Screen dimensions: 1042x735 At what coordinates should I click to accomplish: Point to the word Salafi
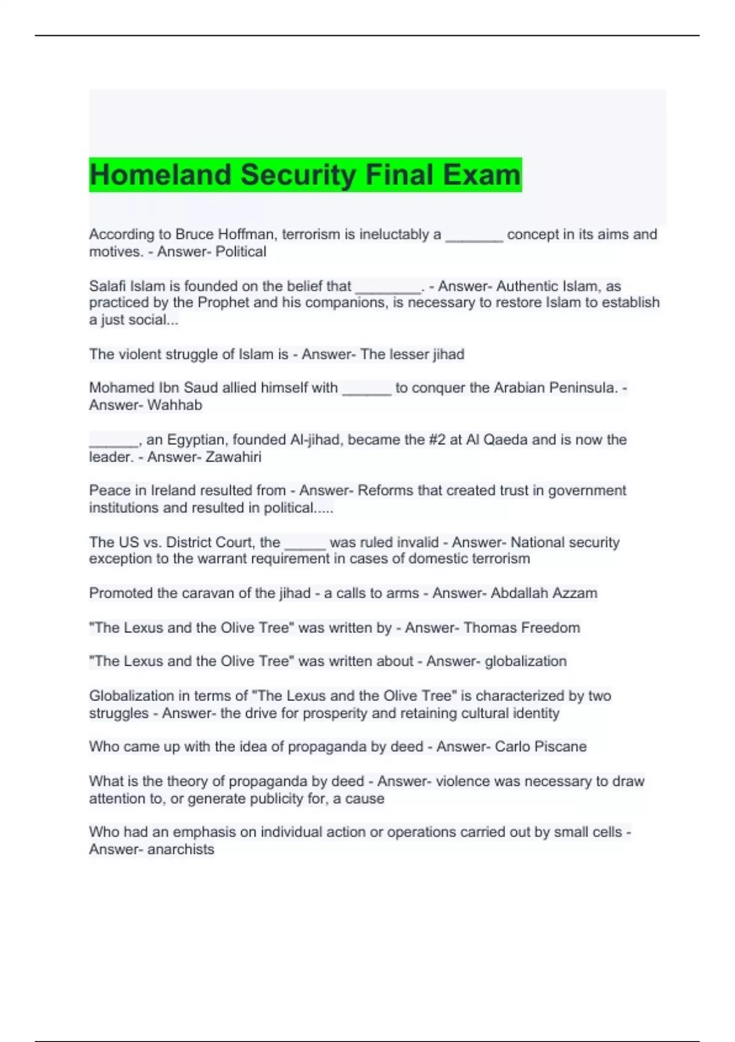107,286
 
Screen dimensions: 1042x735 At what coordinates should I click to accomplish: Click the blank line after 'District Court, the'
305,543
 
